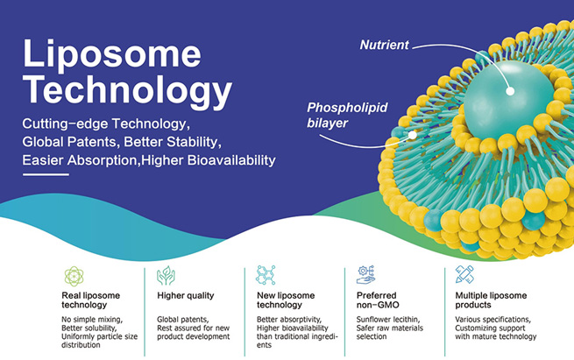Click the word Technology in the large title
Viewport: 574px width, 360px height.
[127, 90]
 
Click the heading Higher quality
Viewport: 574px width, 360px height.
[185, 296]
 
